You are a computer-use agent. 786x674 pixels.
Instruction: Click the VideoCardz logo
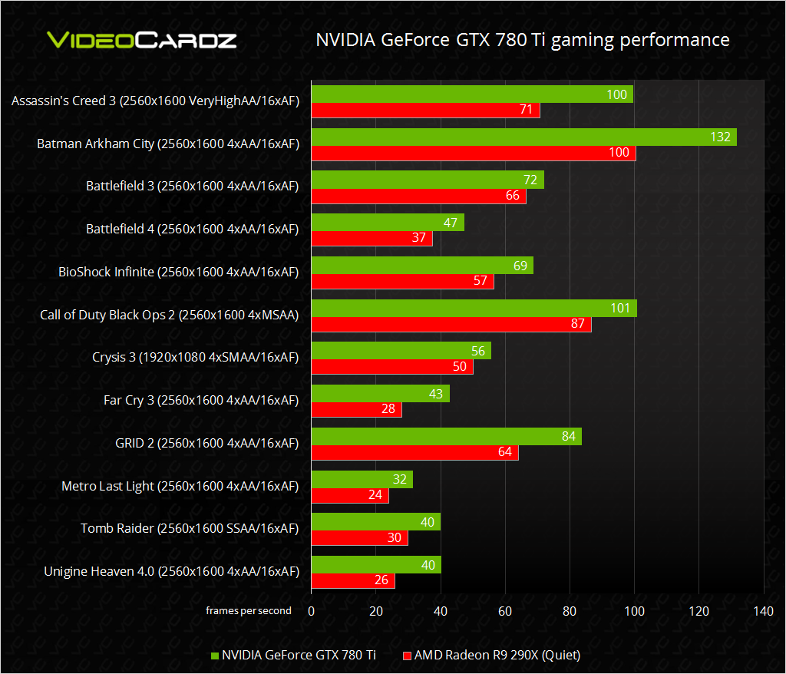click(142, 40)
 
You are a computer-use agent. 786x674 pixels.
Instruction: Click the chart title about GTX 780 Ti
click(522, 40)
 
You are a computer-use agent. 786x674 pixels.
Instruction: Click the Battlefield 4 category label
click(192, 229)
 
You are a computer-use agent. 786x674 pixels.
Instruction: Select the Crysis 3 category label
click(195, 357)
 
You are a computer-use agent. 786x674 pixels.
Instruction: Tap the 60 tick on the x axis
click(504, 611)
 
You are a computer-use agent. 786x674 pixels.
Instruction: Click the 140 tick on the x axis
click(763, 611)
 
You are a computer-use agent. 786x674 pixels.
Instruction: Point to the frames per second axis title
click(248, 611)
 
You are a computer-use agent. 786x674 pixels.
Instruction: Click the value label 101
click(619, 308)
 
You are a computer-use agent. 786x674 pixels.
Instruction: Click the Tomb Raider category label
click(190, 528)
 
